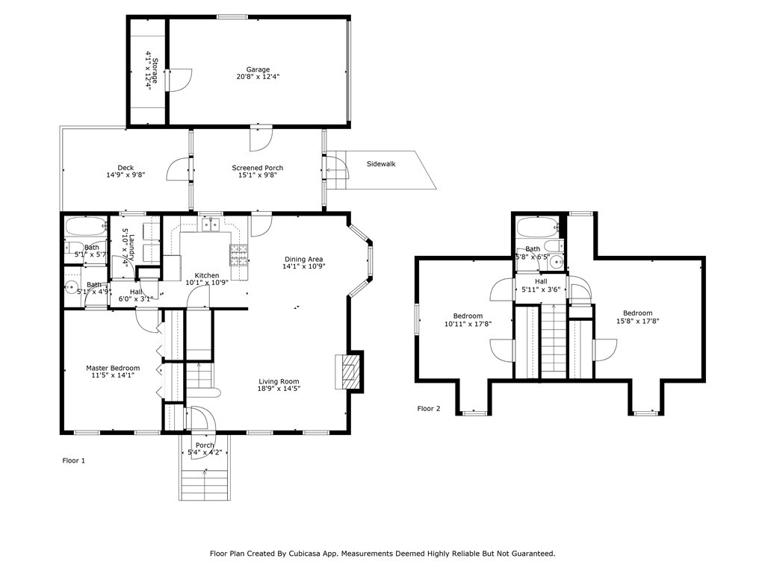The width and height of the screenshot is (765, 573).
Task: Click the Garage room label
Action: pyautogui.click(x=258, y=69)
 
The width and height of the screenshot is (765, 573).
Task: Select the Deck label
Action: pyautogui.click(x=126, y=168)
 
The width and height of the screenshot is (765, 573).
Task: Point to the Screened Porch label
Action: pyautogui.click(x=257, y=168)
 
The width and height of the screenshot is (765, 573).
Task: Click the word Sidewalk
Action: pyautogui.click(x=381, y=163)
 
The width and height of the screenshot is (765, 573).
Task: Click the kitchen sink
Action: pyautogui.click(x=211, y=225)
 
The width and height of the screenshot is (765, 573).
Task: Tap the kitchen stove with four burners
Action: pyautogui.click(x=239, y=255)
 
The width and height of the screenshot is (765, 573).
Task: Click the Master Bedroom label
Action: pyautogui.click(x=113, y=368)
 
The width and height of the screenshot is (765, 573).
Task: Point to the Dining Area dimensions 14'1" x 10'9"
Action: pyautogui.click(x=304, y=266)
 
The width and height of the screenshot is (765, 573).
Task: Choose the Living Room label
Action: pyautogui.click(x=279, y=381)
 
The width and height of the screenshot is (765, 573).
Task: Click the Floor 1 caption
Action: pyautogui.click(x=74, y=460)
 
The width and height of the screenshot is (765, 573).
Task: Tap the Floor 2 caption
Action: pyautogui.click(x=429, y=408)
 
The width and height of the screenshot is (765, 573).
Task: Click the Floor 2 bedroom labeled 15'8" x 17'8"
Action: pyautogui.click(x=638, y=316)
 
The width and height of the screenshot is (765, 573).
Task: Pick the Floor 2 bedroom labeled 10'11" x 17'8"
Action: pyautogui.click(x=468, y=319)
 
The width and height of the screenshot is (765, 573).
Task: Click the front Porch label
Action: pyautogui.click(x=205, y=445)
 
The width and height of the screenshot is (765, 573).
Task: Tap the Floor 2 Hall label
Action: pyautogui.click(x=541, y=281)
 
